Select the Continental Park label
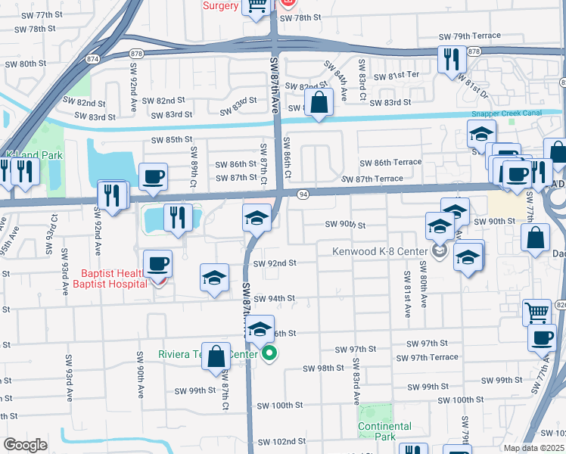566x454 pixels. pos(386,431)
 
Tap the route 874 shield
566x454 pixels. pos(92,58)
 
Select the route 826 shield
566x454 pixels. pos(560,304)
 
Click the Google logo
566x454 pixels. pos(25,444)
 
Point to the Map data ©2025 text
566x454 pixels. pos(534,448)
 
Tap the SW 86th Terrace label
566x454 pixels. pos(390,163)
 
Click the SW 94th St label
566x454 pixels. pos(274,299)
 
